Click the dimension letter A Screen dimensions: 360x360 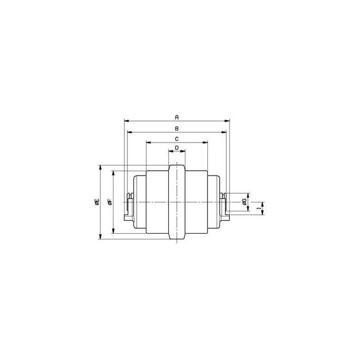(176, 117)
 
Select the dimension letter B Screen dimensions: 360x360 (176, 128)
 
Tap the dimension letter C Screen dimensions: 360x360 (176, 139)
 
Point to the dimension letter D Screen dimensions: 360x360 (176, 148)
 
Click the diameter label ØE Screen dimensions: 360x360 (97, 202)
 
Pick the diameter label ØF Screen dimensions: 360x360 (110, 202)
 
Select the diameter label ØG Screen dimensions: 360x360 (244, 202)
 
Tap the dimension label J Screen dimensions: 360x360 (259, 208)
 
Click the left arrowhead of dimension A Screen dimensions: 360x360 (127, 121)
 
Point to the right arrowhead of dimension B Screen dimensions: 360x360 (224, 132)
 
